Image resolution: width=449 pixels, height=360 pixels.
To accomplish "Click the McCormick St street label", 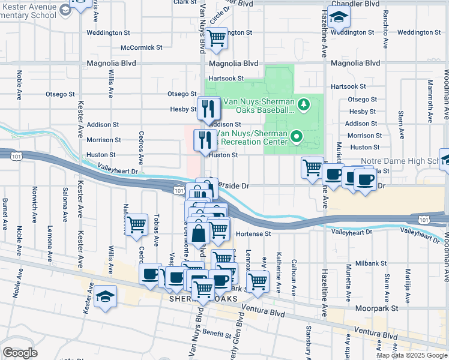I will [142, 47].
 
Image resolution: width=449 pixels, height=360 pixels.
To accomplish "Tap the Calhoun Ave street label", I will [294, 277].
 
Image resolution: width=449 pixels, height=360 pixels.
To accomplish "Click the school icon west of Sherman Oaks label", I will [106, 297].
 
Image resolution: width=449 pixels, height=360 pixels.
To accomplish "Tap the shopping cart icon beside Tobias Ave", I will [137, 224].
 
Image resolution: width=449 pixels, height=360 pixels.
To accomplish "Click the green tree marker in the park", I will [304, 106].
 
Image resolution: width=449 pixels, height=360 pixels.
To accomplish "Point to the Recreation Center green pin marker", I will [295, 137].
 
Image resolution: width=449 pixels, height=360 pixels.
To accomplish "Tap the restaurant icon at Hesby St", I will [209, 108].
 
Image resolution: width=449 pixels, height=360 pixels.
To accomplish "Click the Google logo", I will [20, 352].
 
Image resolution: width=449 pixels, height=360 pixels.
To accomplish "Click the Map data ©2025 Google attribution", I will [412, 355].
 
